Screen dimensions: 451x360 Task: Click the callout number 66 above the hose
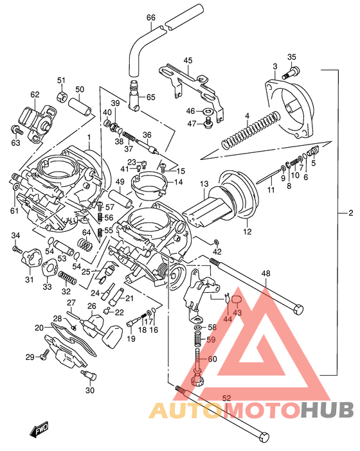[151, 17]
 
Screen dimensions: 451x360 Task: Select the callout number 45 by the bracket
[187, 60]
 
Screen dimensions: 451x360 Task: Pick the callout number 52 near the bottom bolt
[226, 398]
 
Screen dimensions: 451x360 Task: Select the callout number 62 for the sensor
[35, 95]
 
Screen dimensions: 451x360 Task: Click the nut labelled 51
[62, 98]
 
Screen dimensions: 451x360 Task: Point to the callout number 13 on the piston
[204, 185]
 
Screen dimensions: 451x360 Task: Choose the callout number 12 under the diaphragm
[247, 231]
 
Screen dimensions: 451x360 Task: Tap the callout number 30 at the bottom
[89, 390]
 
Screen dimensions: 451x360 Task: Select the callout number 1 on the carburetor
[90, 137]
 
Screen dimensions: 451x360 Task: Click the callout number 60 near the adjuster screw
[212, 359]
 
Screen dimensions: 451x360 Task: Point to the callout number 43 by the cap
[237, 313]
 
